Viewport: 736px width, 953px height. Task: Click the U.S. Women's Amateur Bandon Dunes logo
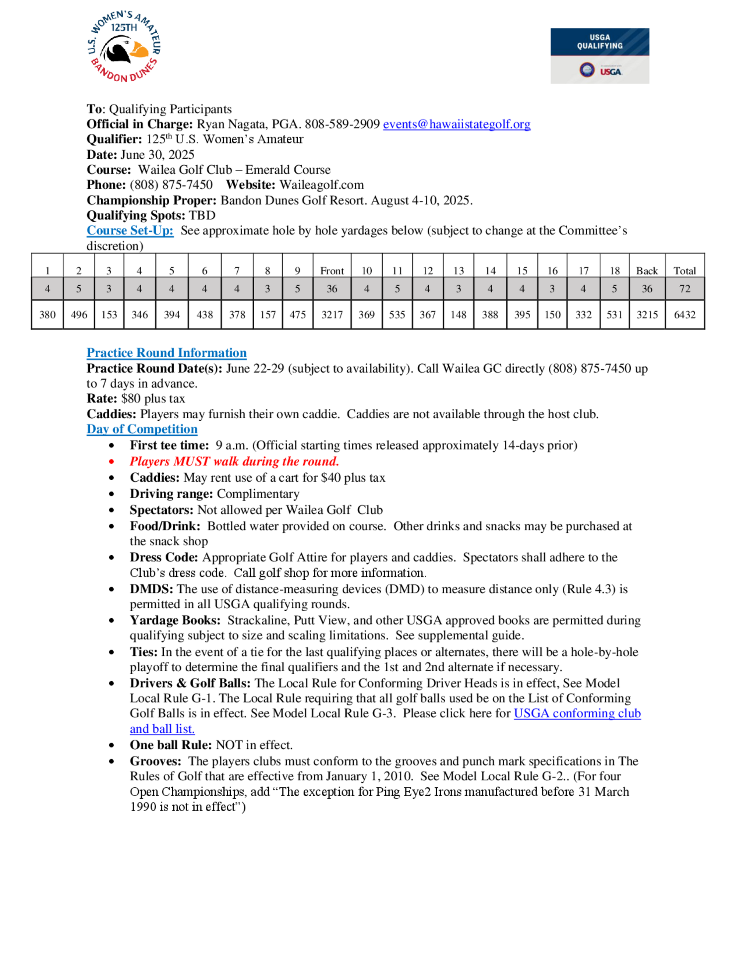[x=124, y=47]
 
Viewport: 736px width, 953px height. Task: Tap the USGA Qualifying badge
[x=599, y=56]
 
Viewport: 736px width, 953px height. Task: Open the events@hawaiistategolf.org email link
[x=457, y=124]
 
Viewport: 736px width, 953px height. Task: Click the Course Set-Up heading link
[x=130, y=231]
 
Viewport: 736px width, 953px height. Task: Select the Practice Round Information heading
[x=167, y=352]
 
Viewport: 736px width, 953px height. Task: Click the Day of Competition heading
[x=142, y=429]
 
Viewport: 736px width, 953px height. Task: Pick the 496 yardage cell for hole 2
[x=79, y=314]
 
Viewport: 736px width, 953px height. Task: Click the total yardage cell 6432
[x=684, y=314]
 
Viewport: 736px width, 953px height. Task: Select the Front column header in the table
[x=332, y=271]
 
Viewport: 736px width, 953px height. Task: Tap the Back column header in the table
[x=647, y=271]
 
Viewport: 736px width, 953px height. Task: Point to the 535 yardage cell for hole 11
[x=397, y=314]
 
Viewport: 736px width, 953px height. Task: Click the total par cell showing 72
[x=684, y=289]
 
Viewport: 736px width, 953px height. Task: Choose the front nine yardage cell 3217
[x=332, y=314]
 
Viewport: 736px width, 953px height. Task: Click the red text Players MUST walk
[x=234, y=461]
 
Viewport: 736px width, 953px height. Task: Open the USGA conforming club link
[x=577, y=713]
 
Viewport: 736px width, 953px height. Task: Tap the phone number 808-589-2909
[x=342, y=124]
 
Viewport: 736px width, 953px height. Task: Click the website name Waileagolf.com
[x=322, y=185]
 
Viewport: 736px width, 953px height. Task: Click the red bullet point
[x=112, y=462]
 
